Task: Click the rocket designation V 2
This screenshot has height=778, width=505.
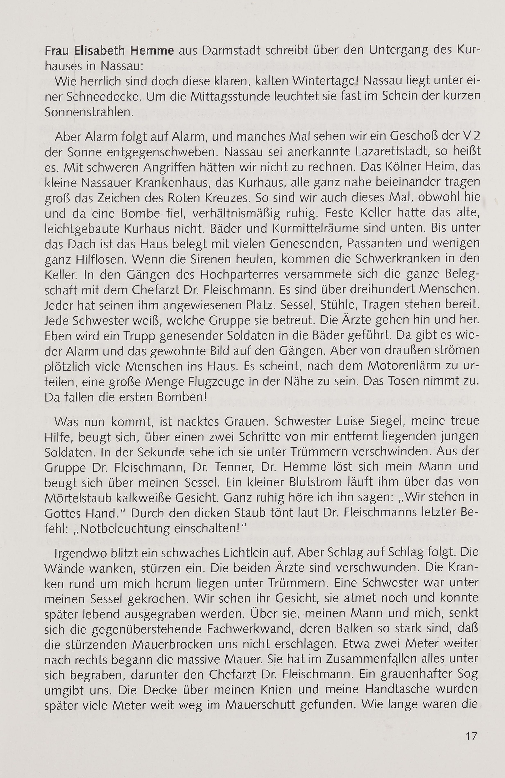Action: (471, 137)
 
